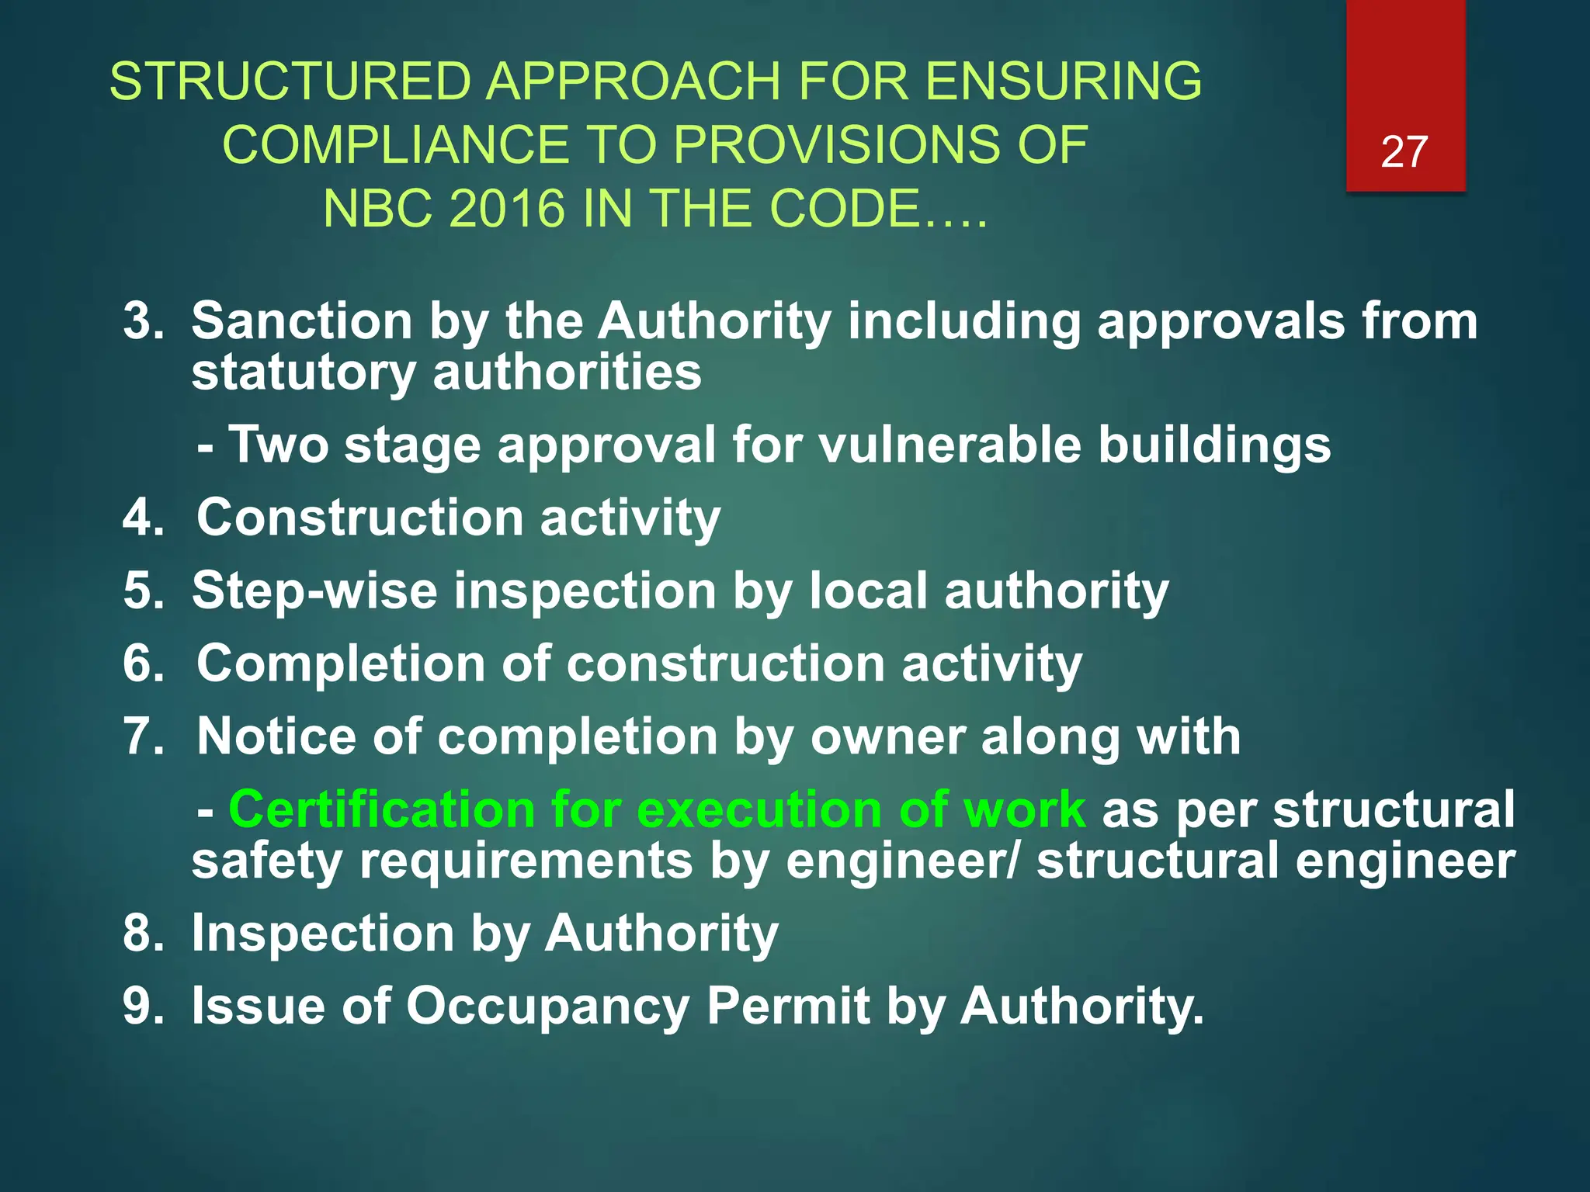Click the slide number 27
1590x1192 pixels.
coord(1404,152)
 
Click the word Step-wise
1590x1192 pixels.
coord(314,591)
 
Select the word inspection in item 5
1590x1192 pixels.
coord(585,591)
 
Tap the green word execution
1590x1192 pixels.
coord(759,809)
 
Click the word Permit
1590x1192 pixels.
coord(787,1006)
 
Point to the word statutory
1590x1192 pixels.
coord(304,372)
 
